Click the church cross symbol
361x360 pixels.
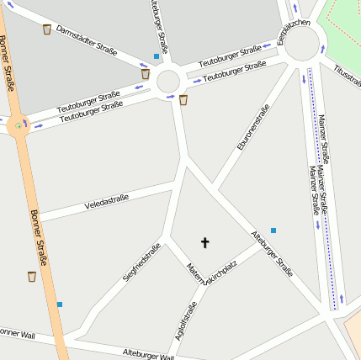204,242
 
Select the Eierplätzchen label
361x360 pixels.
294,32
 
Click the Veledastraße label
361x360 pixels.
106,203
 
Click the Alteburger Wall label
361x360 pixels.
147,353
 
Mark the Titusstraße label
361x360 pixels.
347,77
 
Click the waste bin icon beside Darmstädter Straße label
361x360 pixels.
46,29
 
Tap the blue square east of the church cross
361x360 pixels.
273,230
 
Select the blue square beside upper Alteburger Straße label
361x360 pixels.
156,56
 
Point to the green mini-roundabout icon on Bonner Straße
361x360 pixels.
18,126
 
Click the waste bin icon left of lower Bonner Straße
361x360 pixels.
32,276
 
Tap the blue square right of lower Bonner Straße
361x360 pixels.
59,304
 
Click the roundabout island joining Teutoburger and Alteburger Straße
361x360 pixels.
168,82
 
